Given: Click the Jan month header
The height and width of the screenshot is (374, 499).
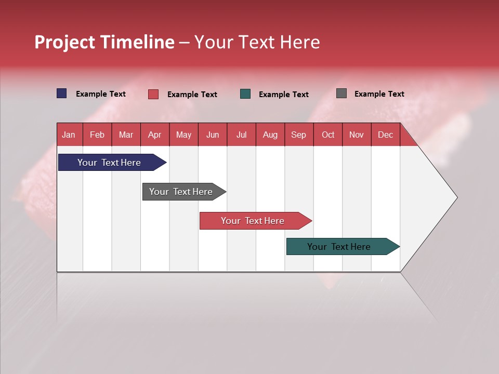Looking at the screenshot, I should click(x=69, y=135).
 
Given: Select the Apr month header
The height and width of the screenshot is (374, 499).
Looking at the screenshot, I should click(x=154, y=135).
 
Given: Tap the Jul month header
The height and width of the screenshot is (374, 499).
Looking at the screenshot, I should click(x=241, y=135).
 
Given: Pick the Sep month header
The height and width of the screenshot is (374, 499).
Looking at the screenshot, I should click(x=298, y=135).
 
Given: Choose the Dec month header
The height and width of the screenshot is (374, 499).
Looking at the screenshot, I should click(x=385, y=135).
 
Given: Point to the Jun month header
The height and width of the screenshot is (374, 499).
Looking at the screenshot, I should click(x=212, y=135).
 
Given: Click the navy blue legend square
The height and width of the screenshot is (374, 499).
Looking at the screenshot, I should click(x=62, y=94).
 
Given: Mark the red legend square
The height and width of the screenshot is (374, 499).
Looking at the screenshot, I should click(x=153, y=94).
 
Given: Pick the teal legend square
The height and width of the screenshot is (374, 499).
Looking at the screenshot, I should click(x=245, y=94).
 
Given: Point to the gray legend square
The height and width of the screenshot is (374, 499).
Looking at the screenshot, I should click(x=342, y=94).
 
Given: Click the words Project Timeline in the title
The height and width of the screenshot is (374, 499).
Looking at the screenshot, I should click(x=104, y=42).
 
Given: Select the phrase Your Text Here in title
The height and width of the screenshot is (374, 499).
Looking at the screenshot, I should click(x=257, y=42).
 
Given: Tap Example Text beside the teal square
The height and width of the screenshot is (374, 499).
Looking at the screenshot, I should click(x=283, y=95).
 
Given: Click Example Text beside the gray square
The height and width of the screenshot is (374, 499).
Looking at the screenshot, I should click(x=379, y=94).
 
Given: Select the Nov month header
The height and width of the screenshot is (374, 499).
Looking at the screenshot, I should click(x=357, y=135).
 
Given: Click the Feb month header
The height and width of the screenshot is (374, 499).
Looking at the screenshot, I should click(x=97, y=135).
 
